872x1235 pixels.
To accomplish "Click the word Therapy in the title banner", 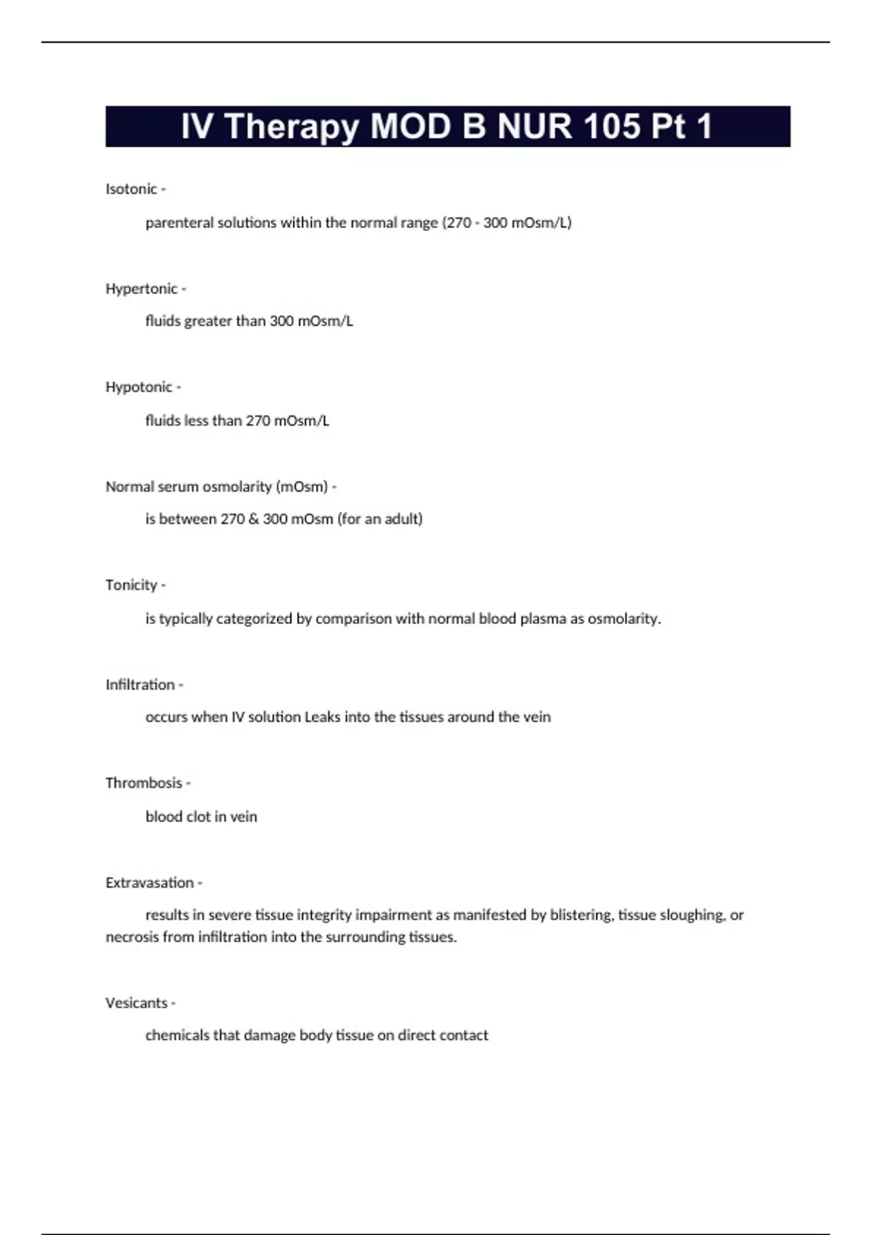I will click(291, 127).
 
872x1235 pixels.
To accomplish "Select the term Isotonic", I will click(131, 189).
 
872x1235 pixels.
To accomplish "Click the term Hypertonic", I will click(141, 288).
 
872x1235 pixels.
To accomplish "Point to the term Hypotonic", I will click(138, 387).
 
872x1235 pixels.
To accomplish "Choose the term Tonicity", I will click(131, 585).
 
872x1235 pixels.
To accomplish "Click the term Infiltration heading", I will click(140, 684).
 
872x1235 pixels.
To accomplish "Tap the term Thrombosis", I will click(143, 783).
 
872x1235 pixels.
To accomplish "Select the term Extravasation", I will click(149, 883).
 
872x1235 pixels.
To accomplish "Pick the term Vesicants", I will click(136, 1003).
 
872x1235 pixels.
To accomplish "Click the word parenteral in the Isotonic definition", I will click(179, 223).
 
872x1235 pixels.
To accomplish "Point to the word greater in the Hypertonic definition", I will click(208, 321).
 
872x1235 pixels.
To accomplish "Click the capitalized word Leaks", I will click(322, 717).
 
